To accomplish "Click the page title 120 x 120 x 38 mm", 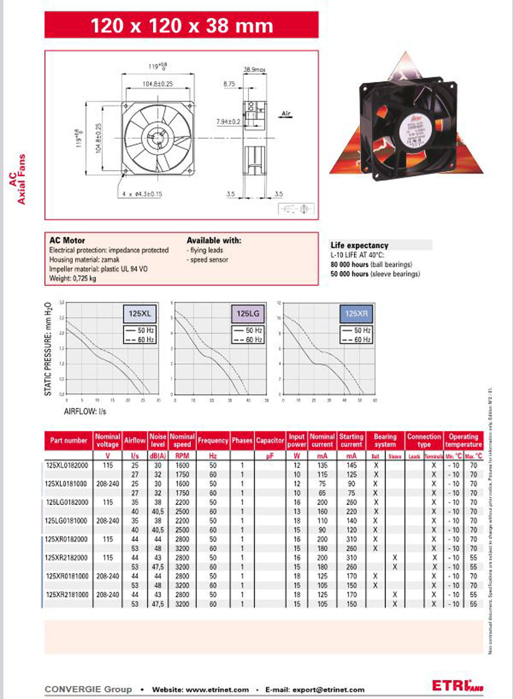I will coord(182,26).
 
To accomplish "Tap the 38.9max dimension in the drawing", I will coord(254,70).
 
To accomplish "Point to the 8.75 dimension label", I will coord(229,84).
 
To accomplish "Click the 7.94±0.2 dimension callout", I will coord(228,122).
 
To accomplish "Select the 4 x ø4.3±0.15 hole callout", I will coord(142,194).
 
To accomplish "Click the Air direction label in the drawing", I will coord(286,113).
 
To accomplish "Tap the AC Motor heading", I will coord(67,241).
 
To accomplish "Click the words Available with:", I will coord(214,241).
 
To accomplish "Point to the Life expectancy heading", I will coord(359,245).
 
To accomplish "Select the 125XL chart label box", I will coord(140,313).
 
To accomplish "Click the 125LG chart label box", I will coord(248,313).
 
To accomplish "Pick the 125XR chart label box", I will coord(356,313).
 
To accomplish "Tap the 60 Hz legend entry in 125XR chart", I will coord(357,340).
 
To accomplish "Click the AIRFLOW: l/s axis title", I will coord(85,412).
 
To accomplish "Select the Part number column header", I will coord(69,441).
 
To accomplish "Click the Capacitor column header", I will coord(270,441).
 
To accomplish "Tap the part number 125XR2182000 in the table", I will coord(67,558).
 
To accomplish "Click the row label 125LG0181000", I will coord(67,521).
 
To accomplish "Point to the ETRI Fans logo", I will coord(457,686).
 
